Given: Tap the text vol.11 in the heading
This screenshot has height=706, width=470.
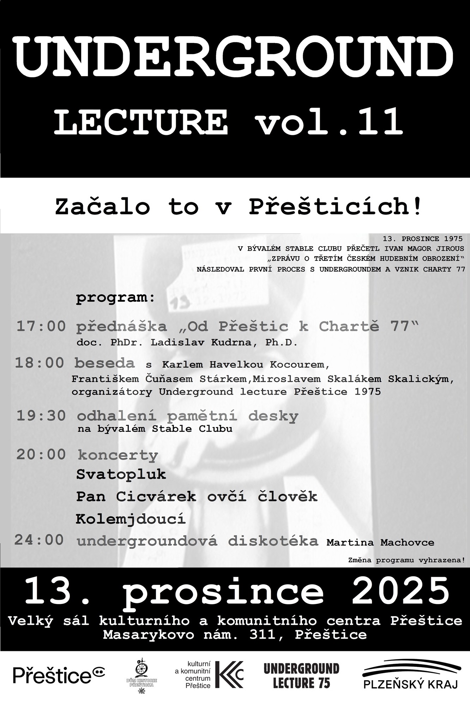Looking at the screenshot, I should (x=330, y=122).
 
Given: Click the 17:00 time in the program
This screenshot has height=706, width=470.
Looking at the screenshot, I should (x=41, y=326).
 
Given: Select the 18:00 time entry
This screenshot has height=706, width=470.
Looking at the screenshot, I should (x=39, y=363).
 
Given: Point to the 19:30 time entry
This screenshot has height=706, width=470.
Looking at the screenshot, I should (x=41, y=416).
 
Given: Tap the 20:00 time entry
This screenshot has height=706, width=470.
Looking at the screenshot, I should (x=41, y=454).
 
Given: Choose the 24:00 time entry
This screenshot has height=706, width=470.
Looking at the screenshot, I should (x=39, y=540).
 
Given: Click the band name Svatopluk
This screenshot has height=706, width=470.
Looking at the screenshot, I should (x=121, y=474).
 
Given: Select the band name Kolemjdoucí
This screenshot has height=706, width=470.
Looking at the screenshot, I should (x=131, y=519).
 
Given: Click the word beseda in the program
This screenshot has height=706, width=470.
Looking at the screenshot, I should (x=104, y=363).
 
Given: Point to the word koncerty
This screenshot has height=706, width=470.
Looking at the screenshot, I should (x=118, y=455).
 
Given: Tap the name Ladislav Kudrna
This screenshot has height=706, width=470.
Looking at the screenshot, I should (x=201, y=342).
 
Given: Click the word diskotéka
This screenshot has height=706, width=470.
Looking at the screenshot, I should (x=273, y=541).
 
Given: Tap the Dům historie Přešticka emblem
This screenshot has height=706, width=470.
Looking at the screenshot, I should (x=142, y=673).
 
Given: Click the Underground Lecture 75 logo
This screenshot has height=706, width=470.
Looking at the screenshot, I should (x=301, y=675).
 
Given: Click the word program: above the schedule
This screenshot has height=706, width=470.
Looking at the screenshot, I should (x=115, y=298).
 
